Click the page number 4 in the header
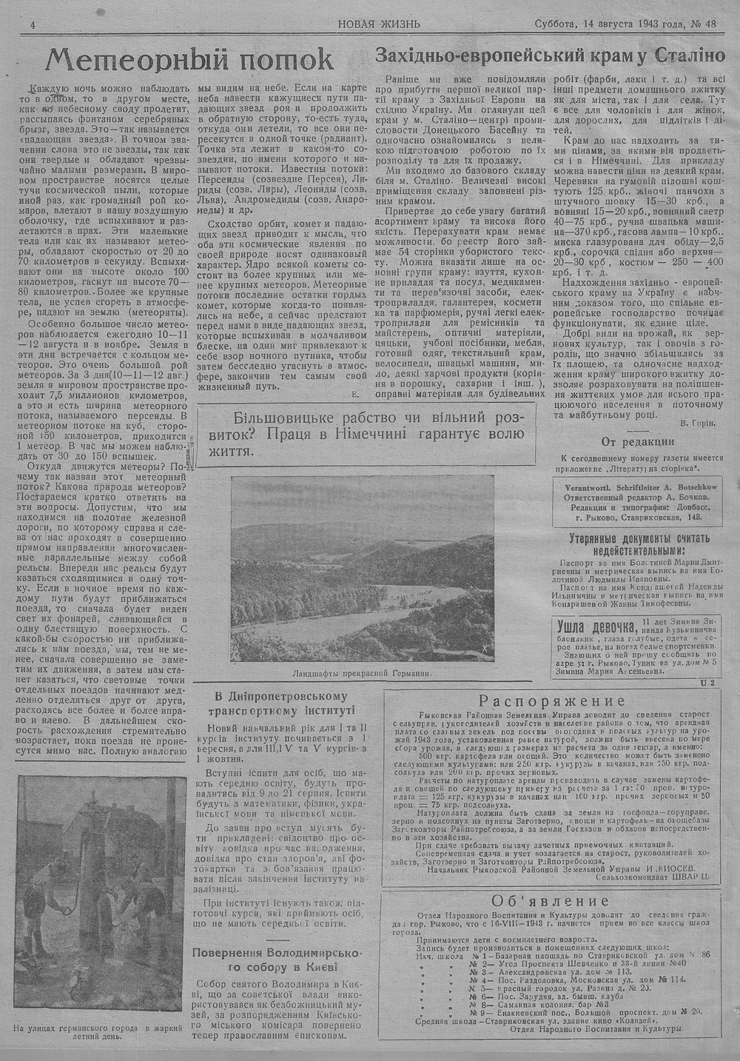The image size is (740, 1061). [33, 24]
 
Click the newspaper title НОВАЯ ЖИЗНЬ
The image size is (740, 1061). [379, 23]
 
